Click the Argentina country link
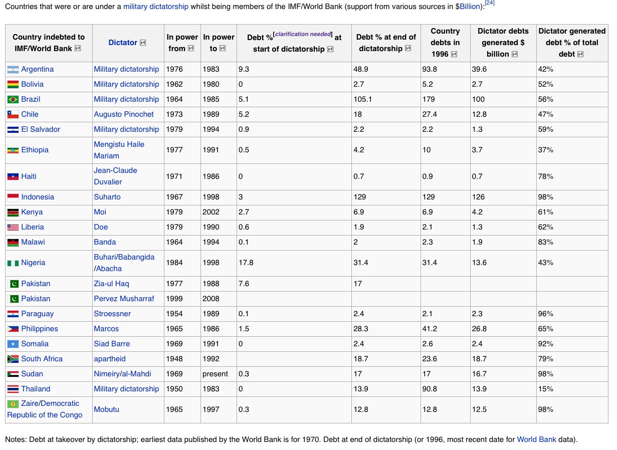pyautogui.click(x=37, y=69)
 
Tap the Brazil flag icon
pyautogui.click(x=13, y=99)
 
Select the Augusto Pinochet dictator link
pyautogui.click(x=124, y=114)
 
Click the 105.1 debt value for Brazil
pyautogui.click(x=363, y=99)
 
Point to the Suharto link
pyautogui.click(x=107, y=197)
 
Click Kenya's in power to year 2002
pyautogui.click(x=211, y=212)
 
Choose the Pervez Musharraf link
pyautogui.click(x=124, y=299)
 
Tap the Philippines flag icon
pyautogui.click(x=13, y=329)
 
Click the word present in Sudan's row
pyautogui.click(x=216, y=374)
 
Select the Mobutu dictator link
pyautogui.click(x=107, y=409)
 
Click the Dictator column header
pyautogui.click(x=123, y=43)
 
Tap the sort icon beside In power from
pyautogui.click(x=191, y=49)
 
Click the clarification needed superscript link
pyautogui.click(x=303, y=34)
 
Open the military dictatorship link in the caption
pyautogui.click(x=156, y=7)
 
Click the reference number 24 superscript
pyautogui.click(x=490, y=4)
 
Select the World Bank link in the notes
pyautogui.click(x=536, y=439)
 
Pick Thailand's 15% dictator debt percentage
pyautogui.click(x=545, y=389)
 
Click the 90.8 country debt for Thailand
pyautogui.click(x=430, y=389)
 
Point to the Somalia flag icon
pyautogui.click(x=13, y=344)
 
